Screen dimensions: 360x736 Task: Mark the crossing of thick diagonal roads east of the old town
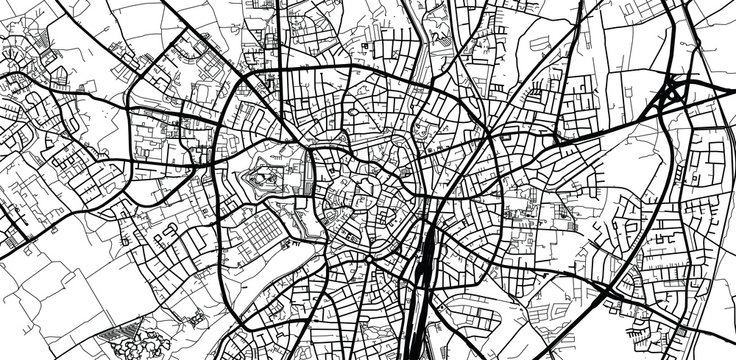pos(487,140)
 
